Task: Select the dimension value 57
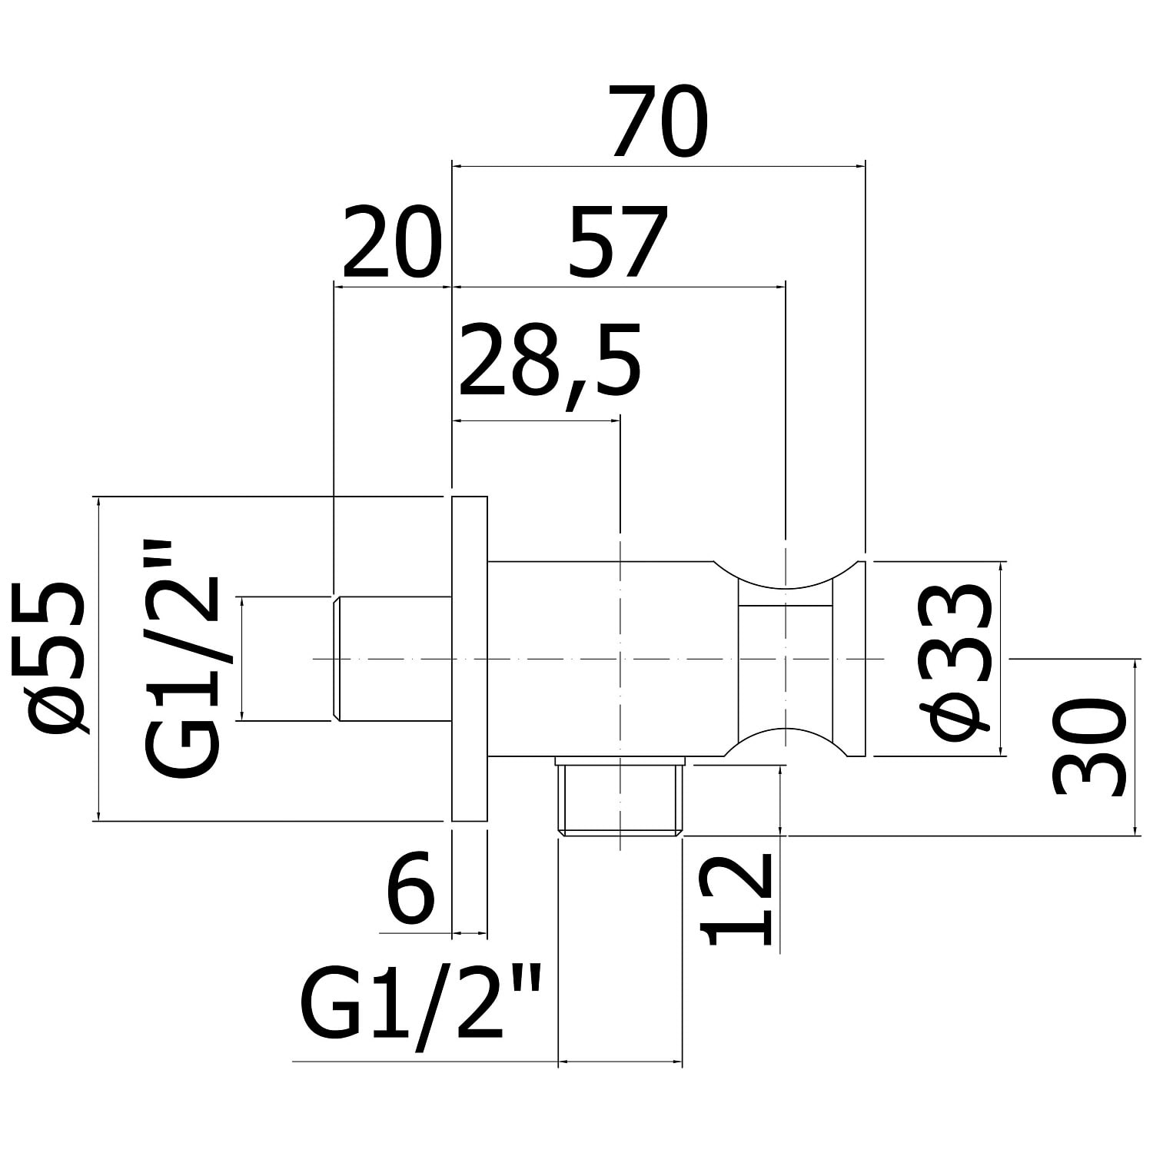(617, 242)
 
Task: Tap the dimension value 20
(393, 242)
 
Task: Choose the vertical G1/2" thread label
(182, 659)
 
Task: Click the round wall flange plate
(470, 659)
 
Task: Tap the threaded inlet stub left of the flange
(392, 659)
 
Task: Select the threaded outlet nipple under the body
(620, 799)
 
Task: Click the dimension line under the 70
(659, 165)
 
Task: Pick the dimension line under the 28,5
(536, 420)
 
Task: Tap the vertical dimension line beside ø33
(1000, 660)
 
